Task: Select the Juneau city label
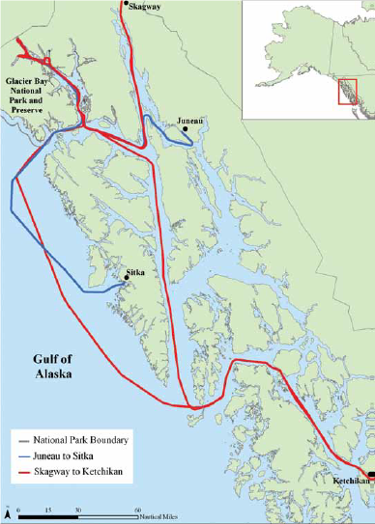pyautogui.click(x=190, y=123)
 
